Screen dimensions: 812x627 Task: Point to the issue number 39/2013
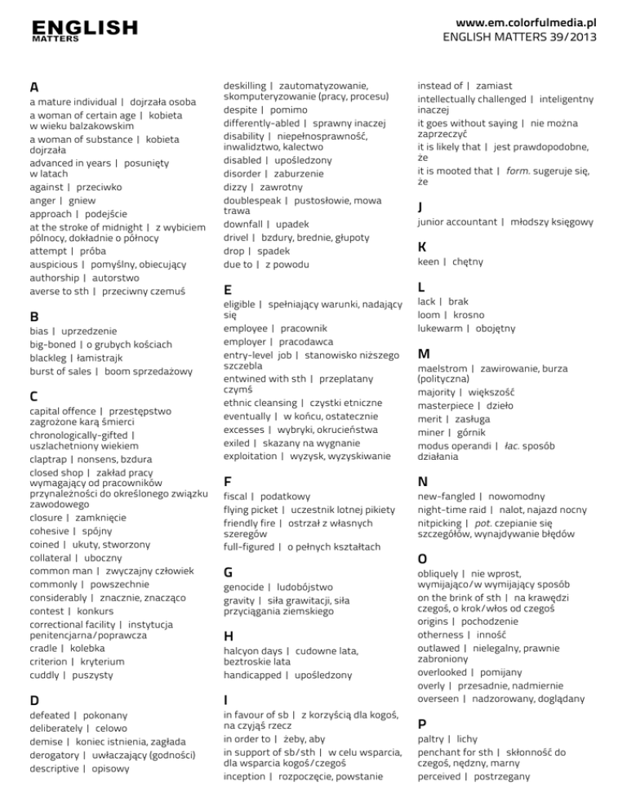click(x=566, y=37)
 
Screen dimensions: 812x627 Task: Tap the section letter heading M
click(x=423, y=354)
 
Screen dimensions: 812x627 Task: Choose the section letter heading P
click(x=422, y=725)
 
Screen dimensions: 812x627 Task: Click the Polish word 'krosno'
click(x=468, y=315)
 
